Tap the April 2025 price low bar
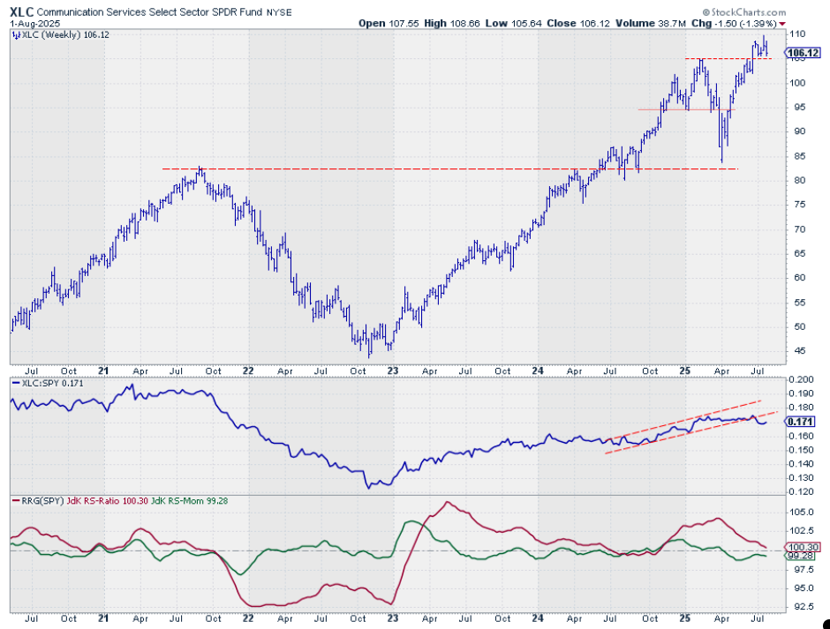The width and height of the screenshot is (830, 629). tap(722, 161)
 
